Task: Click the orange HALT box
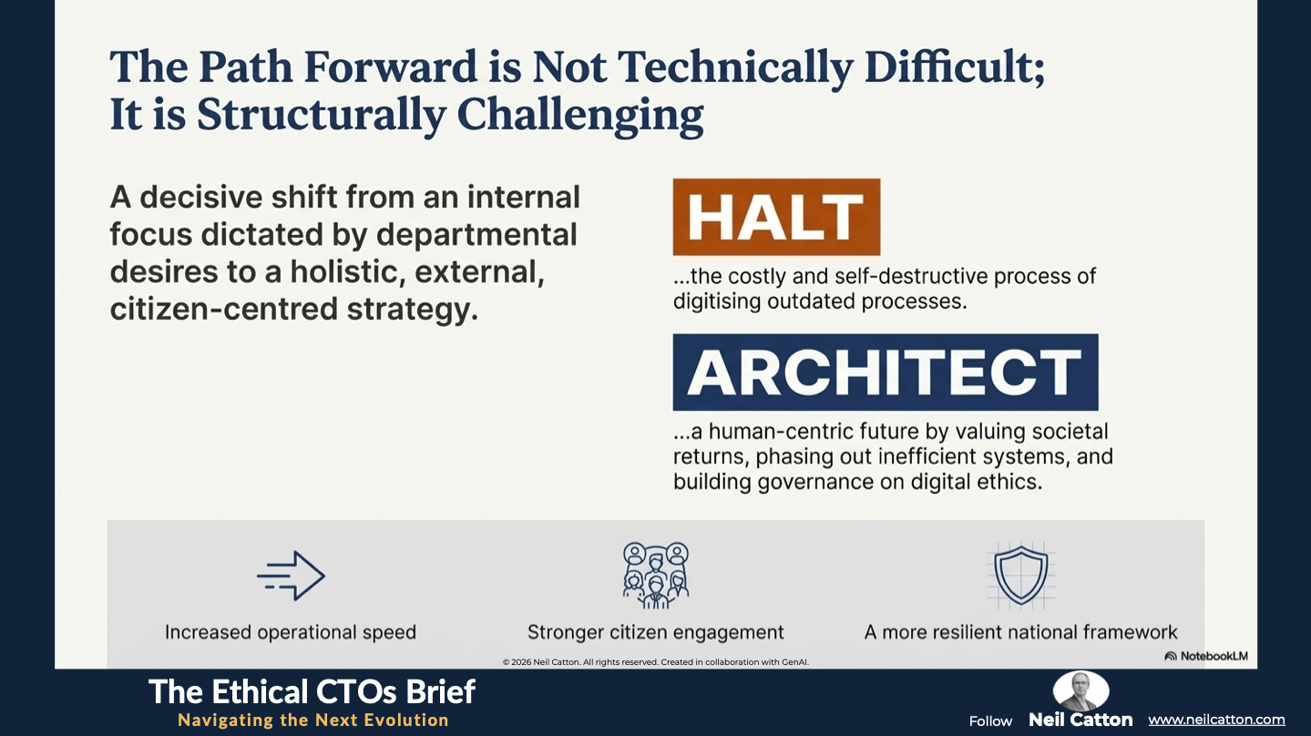click(776, 217)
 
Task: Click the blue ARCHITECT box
click(886, 372)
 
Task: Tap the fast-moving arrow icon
click(291, 576)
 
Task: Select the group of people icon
click(656, 575)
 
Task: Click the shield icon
click(1021, 575)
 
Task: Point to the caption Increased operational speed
click(291, 632)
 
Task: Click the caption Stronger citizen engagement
click(656, 632)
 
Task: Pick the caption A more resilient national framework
click(1020, 632)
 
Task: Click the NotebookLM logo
click(1206, 656)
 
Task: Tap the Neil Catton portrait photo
click(1081, 690)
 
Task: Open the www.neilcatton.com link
click(1216, 720)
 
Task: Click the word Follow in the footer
click(990, 721)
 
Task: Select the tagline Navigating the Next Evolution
click(313, 720)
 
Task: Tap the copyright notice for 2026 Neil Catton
click(656, 662)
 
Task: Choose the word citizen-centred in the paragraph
click(224, 309)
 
